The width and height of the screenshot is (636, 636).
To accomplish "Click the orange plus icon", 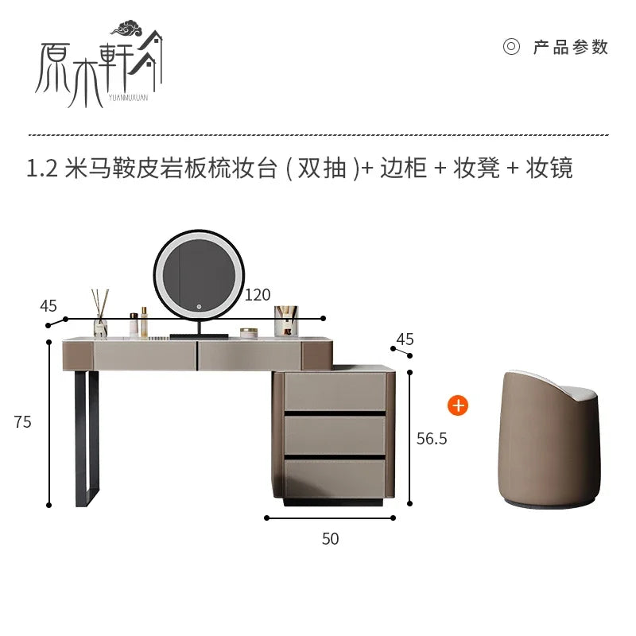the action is click(458, 405).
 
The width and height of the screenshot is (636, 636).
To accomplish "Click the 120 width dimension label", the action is click(257, 295).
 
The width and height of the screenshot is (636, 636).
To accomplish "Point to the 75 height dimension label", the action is click(23, 422).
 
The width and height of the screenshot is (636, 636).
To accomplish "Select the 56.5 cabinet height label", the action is click(432, 439).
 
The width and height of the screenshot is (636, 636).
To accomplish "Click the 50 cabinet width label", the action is click(330, 539).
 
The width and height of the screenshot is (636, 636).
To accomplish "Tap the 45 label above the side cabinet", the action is click(405, 339).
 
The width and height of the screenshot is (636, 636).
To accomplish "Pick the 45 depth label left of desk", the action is click(48, 306).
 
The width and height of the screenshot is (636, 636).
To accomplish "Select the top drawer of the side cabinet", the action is click(335, 391).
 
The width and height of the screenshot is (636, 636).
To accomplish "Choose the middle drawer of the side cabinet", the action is click(335, 435).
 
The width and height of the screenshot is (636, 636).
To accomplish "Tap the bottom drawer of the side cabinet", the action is click(335, 479).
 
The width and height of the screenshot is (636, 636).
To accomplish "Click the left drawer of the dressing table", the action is click(145, 355).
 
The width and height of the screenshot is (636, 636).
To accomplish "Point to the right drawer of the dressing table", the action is click(250, 355).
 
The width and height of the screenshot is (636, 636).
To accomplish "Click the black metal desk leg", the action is click(87, 438).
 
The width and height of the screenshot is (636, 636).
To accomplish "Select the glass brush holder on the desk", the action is click(286, 321).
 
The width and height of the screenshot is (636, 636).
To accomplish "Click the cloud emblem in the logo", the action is click(127, 29).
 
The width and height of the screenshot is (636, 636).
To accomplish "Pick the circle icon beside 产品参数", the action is click(511, 47).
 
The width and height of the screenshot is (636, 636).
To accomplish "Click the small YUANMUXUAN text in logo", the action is click(128, 97).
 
